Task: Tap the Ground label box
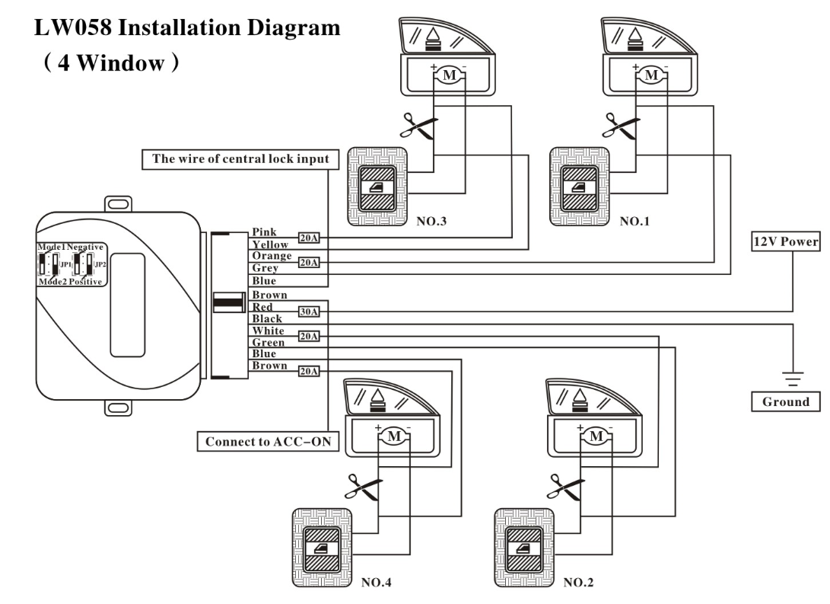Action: [x=786, y=401]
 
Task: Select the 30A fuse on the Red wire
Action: [x=309, y=312]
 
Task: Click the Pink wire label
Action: [x=264, y=232]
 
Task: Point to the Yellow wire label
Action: [x=270, y=244]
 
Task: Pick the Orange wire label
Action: [x=272, y=257]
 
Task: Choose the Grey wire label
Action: [x=265, y=268]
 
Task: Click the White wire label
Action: [x=268, y=331]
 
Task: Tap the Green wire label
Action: [x=268, y=343]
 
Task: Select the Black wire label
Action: [x=267, y=319]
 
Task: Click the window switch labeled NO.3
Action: [x=377, y=187]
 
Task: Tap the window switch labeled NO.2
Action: [x=524, y=548]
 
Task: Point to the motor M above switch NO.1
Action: [x=650, y=75]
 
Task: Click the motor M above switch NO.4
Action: [x=394, y=436]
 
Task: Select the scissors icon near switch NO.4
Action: [x=364, y=487]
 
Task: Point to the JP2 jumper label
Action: [x=99, y=264]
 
